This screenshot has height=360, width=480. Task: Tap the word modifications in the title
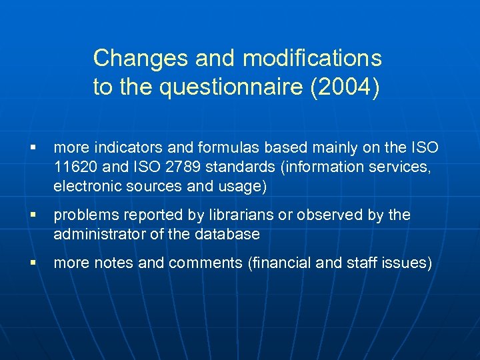point(312,59)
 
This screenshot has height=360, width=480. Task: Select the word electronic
point(83,187)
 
